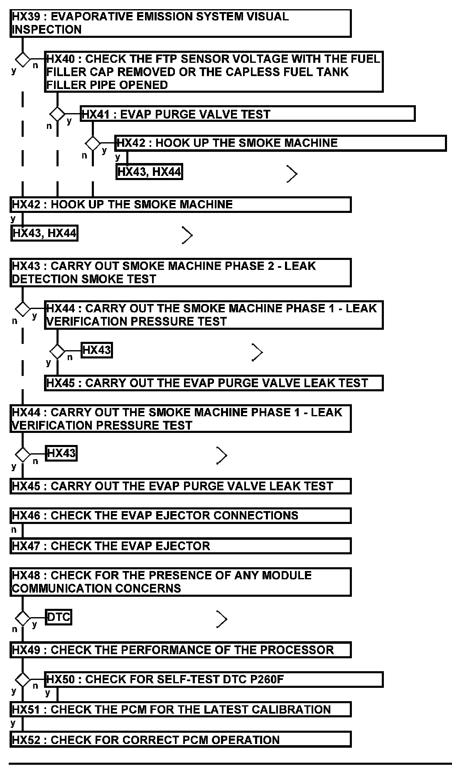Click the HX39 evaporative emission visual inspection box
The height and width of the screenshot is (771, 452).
(x=180, y=23)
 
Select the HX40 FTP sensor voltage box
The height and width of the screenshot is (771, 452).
(x=214, y=72)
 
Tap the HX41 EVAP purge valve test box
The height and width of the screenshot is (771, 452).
(x=248, y=114)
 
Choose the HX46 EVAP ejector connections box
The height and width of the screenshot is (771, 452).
(x=180, y=516)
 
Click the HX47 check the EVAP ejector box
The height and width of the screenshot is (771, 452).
(x=180, y=546)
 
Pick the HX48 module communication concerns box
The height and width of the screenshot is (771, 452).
(x=180, y=582)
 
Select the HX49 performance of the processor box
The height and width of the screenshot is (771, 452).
(x=180, y=650)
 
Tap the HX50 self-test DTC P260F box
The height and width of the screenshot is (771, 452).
(x=214, y=680)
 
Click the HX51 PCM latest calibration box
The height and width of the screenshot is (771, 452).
(x=180, y=709)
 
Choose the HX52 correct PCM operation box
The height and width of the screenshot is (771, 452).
(x=180, y=740)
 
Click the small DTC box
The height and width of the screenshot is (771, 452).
(x=59, y=617)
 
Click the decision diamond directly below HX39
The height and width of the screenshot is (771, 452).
(x=22, y=60)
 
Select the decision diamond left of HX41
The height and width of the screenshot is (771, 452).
(x=57, y=114)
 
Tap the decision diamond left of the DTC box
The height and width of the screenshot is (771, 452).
(x=22, y=618)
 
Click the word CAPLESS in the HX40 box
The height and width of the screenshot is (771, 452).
(x=244, y=72)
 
